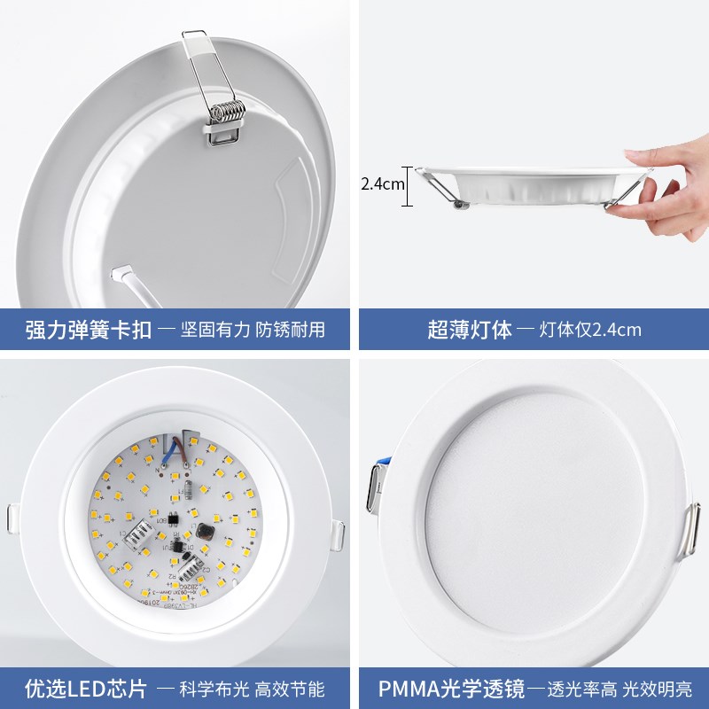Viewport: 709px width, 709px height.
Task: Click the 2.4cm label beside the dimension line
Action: point(382,185)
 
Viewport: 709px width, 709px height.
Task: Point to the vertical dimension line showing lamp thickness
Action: point(409,186)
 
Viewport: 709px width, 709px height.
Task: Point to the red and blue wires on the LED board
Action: point(183,444)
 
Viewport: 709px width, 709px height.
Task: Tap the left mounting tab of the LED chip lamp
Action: point(12,518)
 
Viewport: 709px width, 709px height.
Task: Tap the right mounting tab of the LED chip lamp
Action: point(339,534)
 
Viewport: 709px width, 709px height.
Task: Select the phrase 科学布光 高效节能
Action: point(241,687)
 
